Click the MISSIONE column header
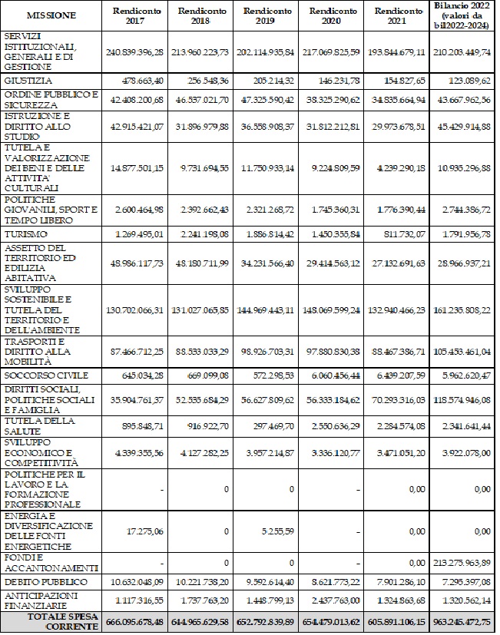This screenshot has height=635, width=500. coord(51,15)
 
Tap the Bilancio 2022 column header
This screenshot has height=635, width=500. coord(462,15)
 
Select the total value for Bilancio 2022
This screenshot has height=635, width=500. coord(462,621)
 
